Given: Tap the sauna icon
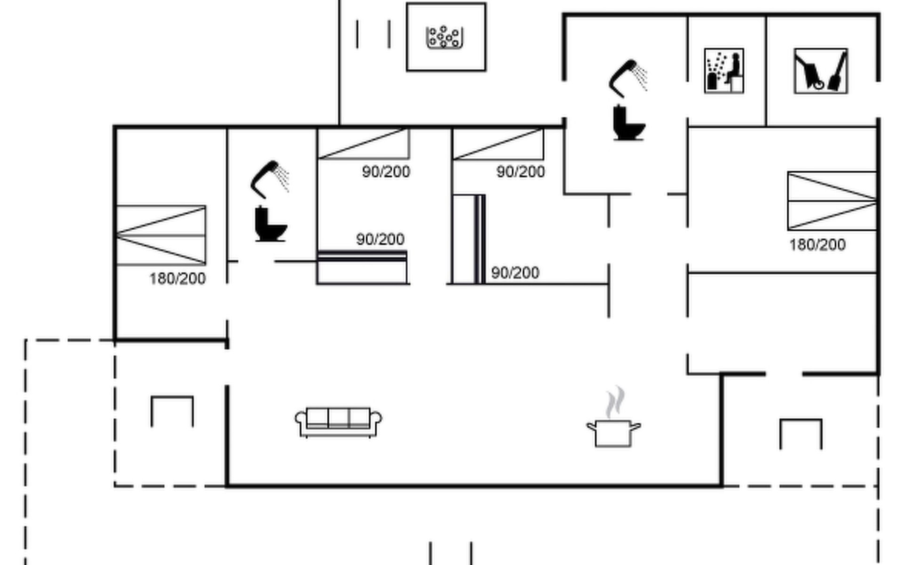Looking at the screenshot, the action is pyautogui.click(x=724, y=71).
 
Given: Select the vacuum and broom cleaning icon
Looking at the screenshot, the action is pyautogui.click(x=821, y=71).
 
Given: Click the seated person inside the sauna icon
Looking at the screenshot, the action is pyautogui.click(x=733, y=69).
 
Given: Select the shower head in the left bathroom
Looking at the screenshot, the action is pyautogui.click(x=270, y=179).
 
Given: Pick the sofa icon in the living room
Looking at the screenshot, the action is pyautogui.click(x=339, y=422).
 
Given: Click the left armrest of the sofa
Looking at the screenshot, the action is pyautogui.click(x=301, y=422).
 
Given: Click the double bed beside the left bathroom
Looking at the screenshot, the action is pyautogui.click(x=161, y=235).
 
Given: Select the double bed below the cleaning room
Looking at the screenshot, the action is pyautogui.click(x=832, y=201).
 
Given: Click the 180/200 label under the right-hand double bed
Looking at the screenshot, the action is pyautogui.click(x=817, y=245).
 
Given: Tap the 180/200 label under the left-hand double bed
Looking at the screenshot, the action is pyautogui.click(x=178, y=279).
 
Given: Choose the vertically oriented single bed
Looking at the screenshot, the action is pyautogui.click(x=469, y=239).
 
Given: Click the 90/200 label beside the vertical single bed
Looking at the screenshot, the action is pyautogui.click(x=515, y=273).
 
